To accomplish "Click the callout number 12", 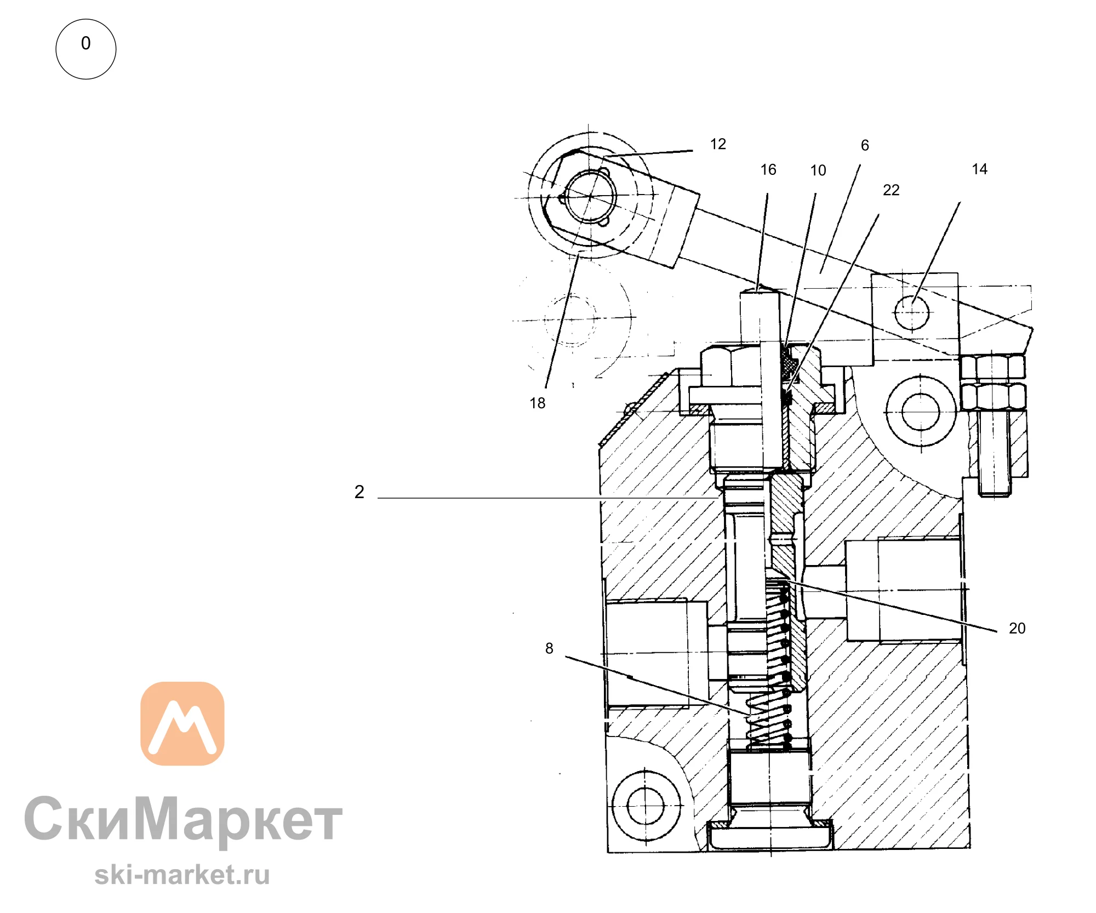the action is [718, 144].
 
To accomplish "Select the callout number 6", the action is [865, 145].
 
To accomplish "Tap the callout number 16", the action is [768, 170].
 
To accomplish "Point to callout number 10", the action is [818, 170].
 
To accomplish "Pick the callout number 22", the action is [891, 190].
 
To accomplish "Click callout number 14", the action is [980, 169].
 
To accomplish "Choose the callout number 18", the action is [538, 403].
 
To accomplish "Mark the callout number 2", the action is [359, 492].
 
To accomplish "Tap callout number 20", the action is [1017, 629].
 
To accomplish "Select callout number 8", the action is [549, 649].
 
